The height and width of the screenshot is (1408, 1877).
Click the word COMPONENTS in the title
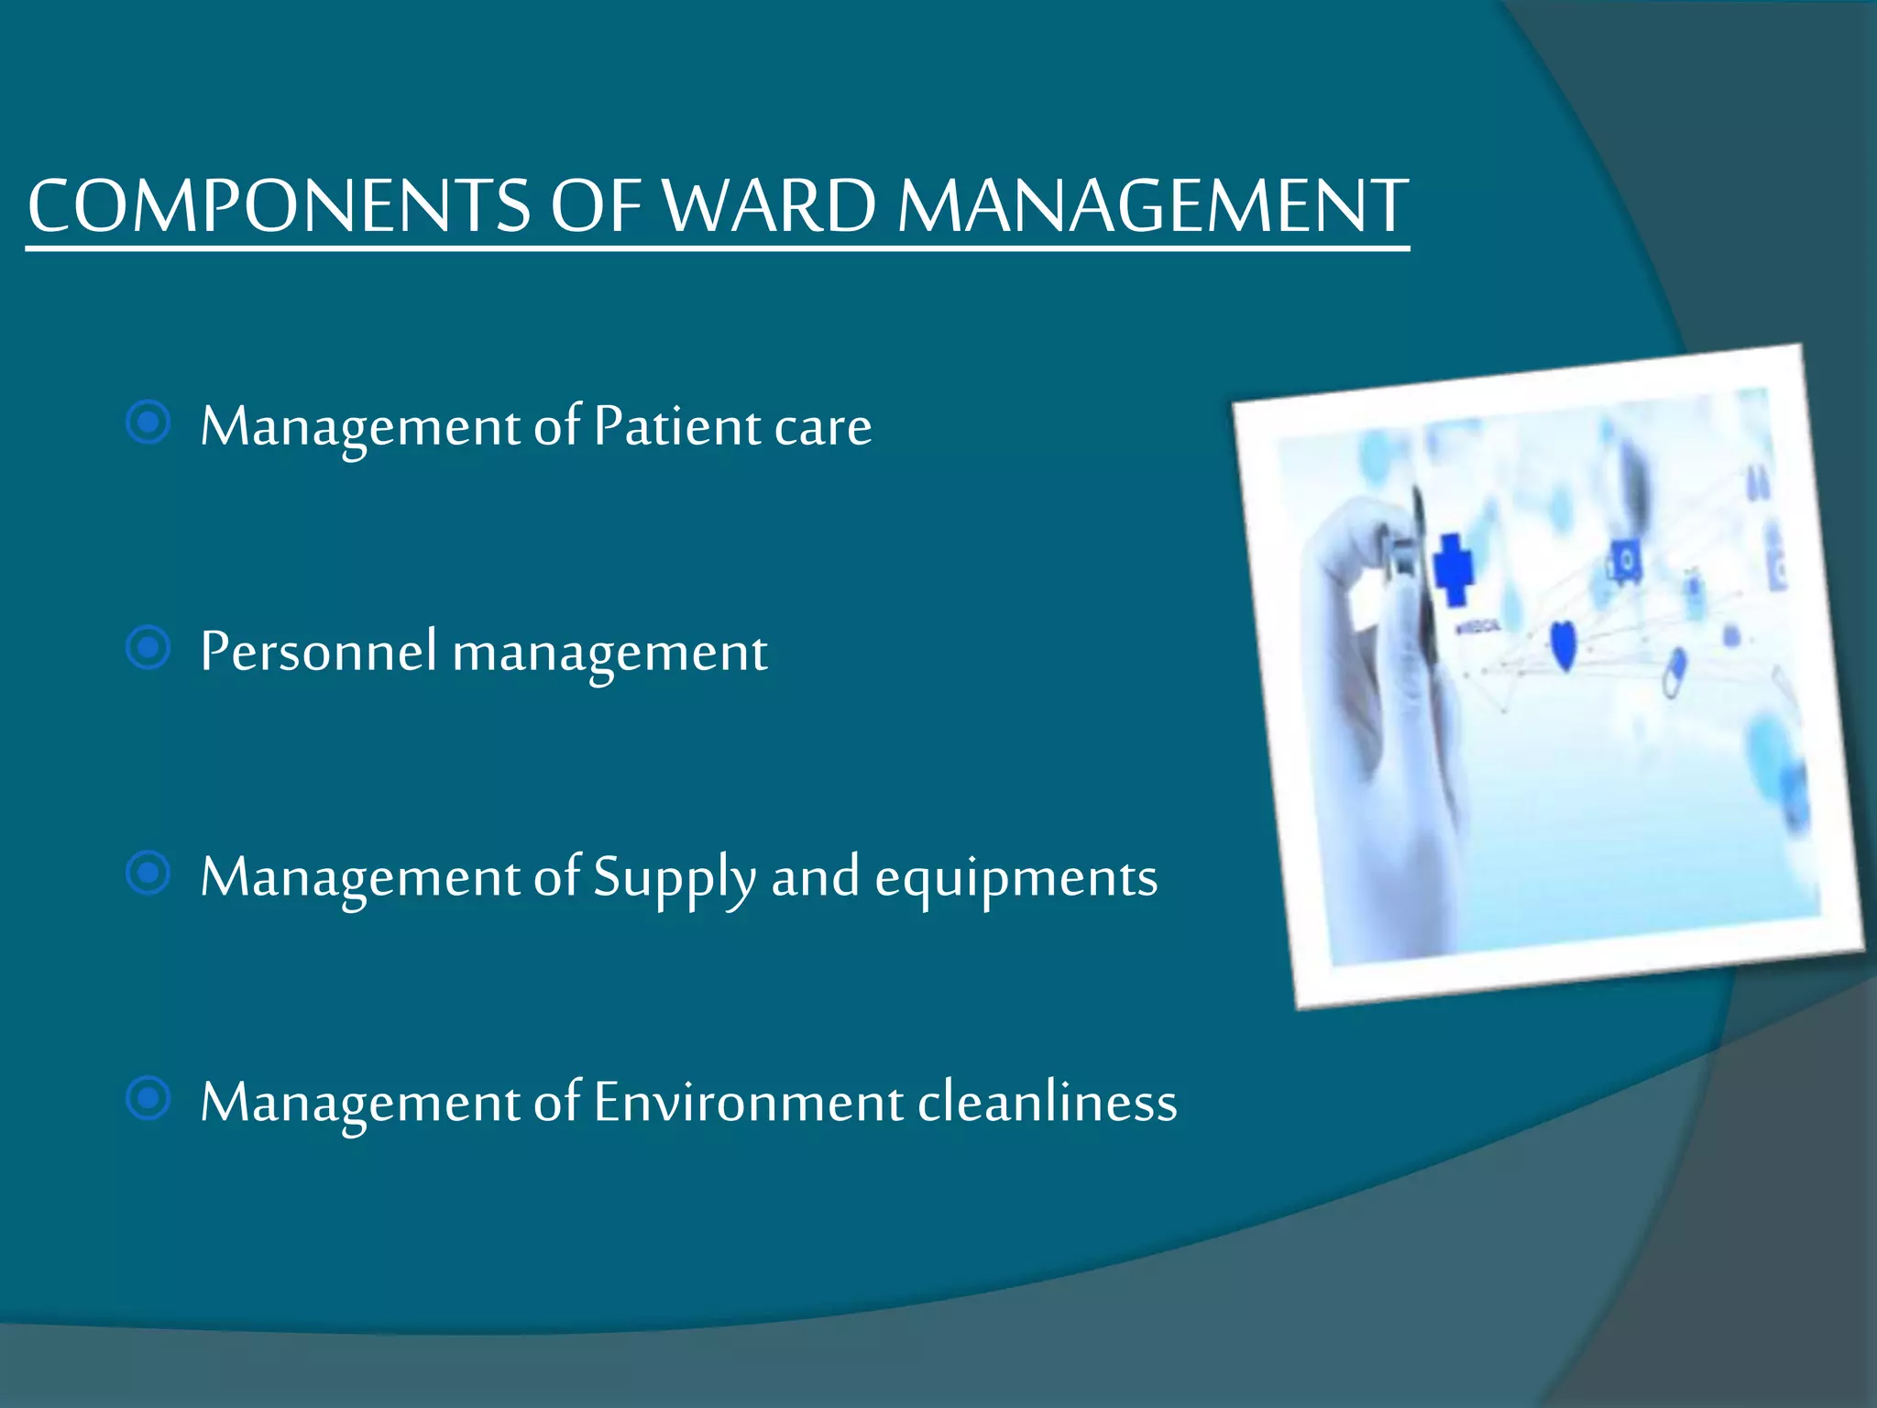278,205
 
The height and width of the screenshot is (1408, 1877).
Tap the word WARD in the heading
769,205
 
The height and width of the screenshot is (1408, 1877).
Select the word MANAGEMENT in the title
1152,205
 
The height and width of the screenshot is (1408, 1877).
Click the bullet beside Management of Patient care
148,423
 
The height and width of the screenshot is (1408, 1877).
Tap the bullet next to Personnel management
148,649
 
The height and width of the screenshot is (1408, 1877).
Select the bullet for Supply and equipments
148,874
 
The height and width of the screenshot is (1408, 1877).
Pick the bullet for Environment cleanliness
148,1098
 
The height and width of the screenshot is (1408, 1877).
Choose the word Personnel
318,652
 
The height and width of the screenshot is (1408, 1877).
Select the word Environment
747,1102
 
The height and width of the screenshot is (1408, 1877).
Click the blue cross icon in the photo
1452,568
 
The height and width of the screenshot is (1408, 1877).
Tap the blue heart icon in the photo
1564,644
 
